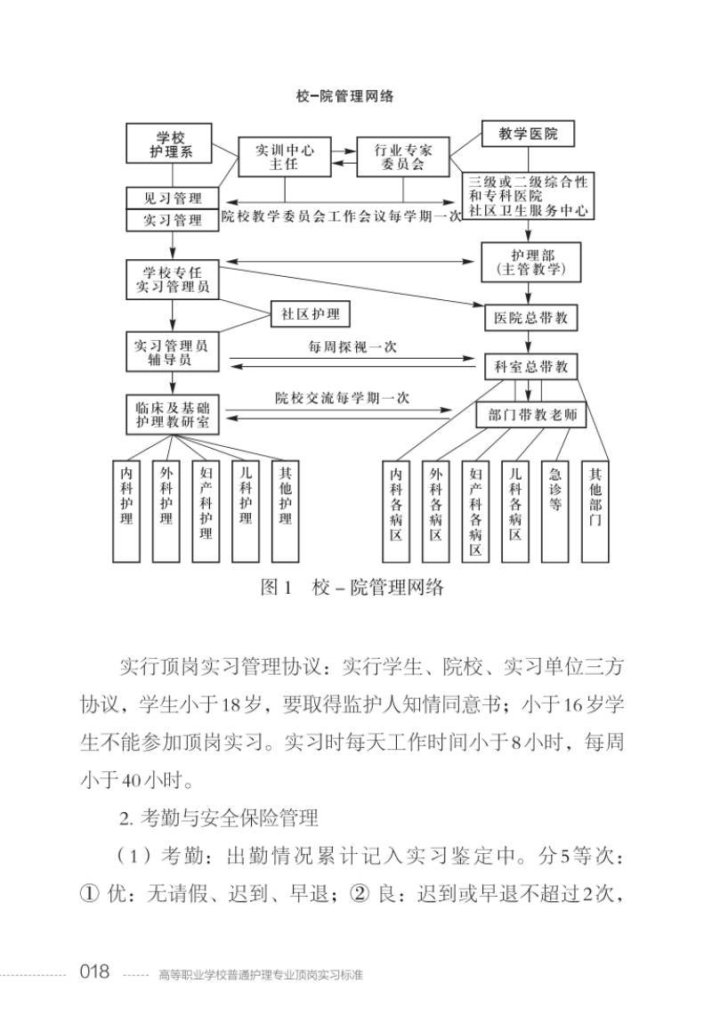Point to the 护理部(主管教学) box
click(x=530, y=260)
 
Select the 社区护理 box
click(x=311, y=314)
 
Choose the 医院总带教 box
click(x=530, y=317)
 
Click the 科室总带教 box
click(x=530, y=366)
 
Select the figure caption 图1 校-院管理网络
click(x=349, y=588)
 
